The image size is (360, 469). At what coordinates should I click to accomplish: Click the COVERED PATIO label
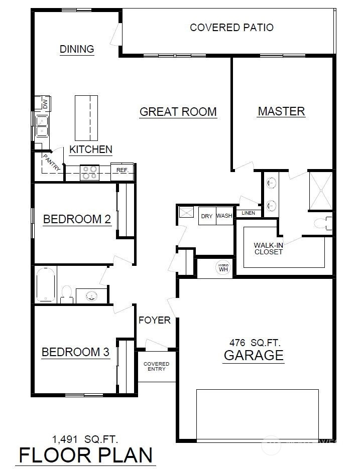231,28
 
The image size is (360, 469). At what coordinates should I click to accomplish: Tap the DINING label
77,49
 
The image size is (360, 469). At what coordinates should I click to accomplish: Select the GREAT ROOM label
178,112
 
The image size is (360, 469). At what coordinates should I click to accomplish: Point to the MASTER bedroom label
281,111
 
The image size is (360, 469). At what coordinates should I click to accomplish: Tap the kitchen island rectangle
86,118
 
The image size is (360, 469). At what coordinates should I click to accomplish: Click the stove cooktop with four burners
90,173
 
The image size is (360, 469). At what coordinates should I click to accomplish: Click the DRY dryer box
207,216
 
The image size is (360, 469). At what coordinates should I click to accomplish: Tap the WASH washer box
224,216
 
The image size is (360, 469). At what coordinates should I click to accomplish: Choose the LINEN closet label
249,213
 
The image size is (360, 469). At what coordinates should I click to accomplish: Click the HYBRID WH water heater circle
223,267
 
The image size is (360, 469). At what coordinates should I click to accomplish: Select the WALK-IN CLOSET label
268,249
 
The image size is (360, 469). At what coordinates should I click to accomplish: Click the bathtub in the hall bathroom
46,284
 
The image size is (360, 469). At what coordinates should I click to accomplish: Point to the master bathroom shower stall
320,191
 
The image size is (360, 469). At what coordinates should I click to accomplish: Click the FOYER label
155,321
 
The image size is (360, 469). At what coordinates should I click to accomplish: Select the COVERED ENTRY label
156,366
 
